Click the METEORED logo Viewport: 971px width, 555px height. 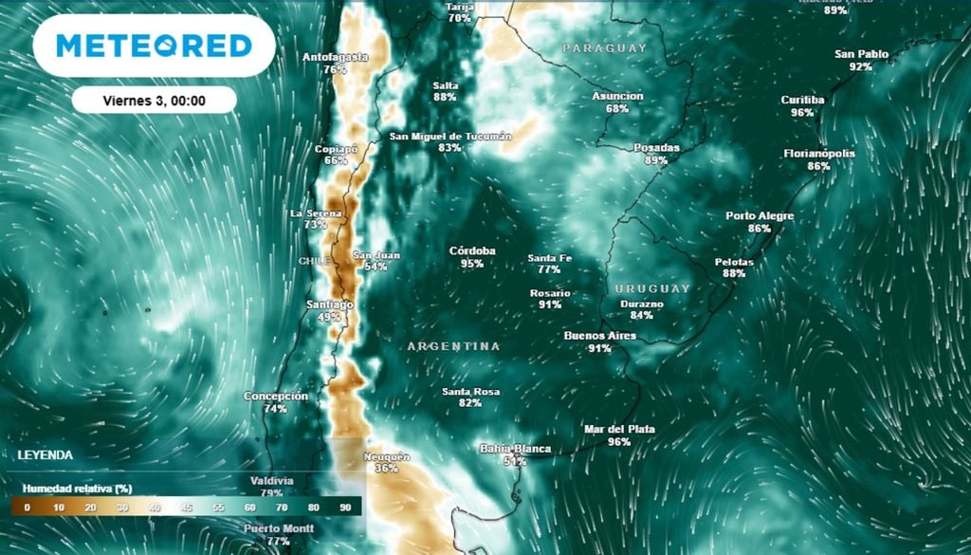pos(154,46)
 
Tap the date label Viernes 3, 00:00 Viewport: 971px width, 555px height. pos(154,100)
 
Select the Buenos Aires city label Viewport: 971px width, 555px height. pos(599,336)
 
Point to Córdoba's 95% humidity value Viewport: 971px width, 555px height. pos(472,264)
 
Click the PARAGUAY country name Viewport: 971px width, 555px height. pos(604,47)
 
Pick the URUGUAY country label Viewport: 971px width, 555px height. pos(652,287)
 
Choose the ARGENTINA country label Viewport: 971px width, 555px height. pos(453,346)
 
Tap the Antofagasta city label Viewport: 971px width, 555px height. pos(335,57)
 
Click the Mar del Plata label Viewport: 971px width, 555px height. pos(619,429)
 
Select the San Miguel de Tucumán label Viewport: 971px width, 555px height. pos(450,137)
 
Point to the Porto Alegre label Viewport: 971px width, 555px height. pos(760,215)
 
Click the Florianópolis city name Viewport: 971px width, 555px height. pos(819,154)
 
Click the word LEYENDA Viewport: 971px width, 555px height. pos(45,455)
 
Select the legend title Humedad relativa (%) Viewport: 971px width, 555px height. pos(77,488)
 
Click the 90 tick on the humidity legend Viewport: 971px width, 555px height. pos(346,508)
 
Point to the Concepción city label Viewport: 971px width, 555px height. pos(276,397)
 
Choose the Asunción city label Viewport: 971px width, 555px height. pos(617,96)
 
